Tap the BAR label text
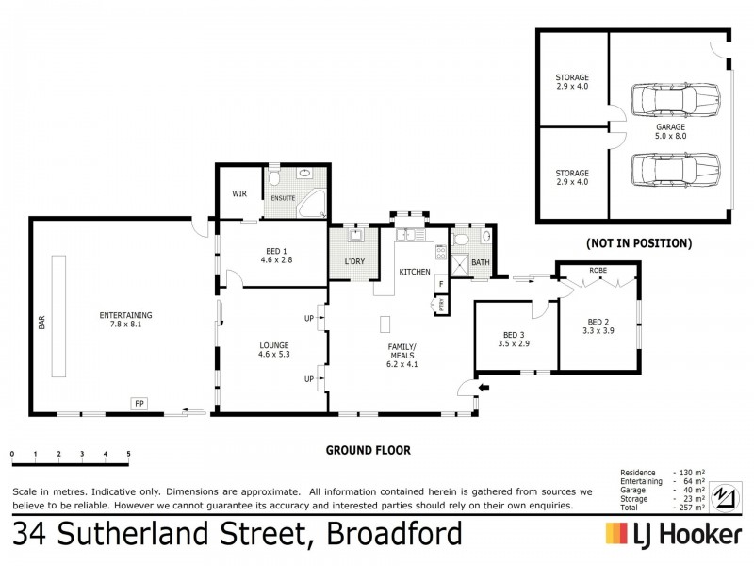click(41, 323)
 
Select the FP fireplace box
click(139, 404)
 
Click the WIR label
click(239, 194)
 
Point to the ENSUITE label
click(284, 198)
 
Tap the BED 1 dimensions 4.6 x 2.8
click(272, 262)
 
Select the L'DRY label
click(354, 260)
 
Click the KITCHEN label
click(415, 272)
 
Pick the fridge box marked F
click(440, 283)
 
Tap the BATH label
click(480, 263)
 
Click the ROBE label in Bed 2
click(598, 271)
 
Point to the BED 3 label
click(513, 335)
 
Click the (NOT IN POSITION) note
click(638, 243)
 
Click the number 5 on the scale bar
click(128, 454)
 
